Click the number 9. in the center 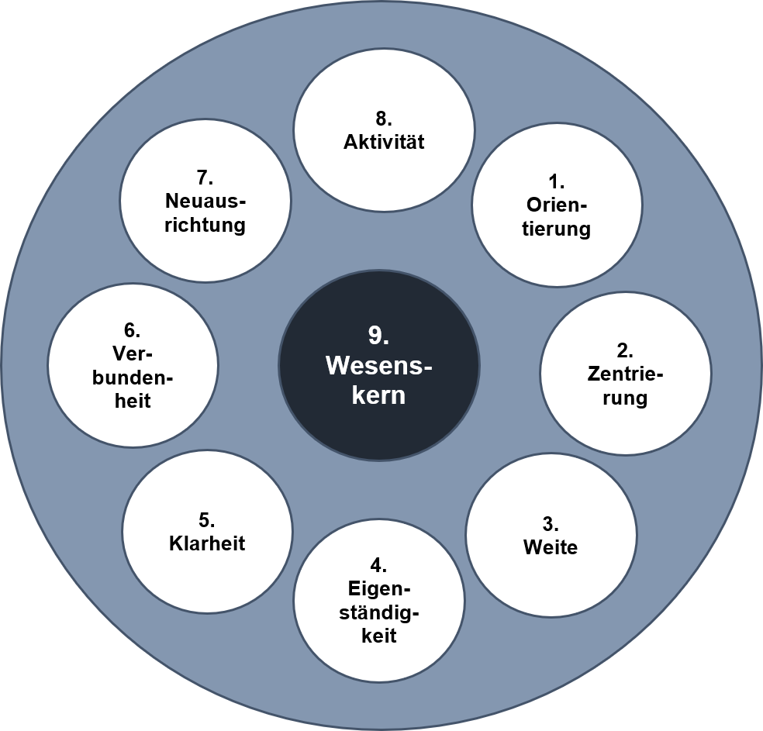(x=378, y=336)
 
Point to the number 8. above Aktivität (x=384, y=119)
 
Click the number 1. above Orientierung (x=557, y=182)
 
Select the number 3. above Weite (x=550, y=522)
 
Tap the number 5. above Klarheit (x=207, y=519)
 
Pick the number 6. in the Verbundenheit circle (x=132, y=330)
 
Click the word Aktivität (x=385, y=143)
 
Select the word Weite (x=551, y=547)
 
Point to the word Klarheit (x=207, y=543)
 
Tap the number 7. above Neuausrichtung (x=205, y=178)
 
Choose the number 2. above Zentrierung (x=625, y=350)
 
